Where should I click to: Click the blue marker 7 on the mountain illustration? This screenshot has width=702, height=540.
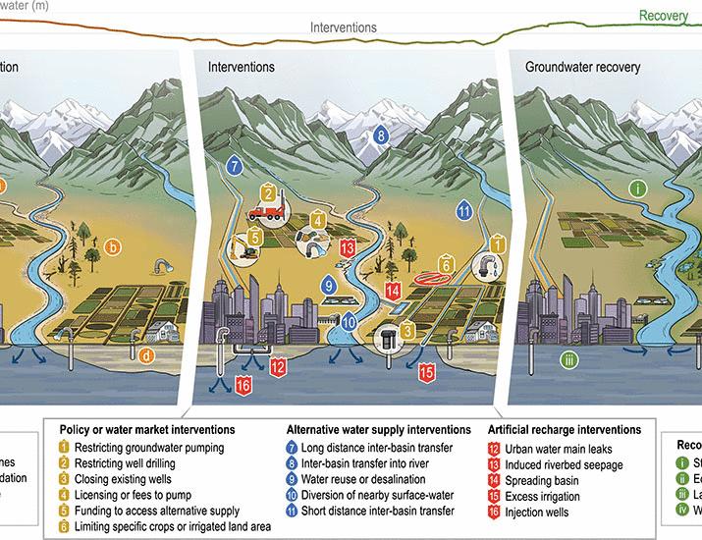(x=234, y=166)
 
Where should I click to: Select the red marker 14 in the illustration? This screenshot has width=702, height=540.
(x=393, y=291)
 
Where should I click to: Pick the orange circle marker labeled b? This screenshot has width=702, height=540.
(x=114, y=247)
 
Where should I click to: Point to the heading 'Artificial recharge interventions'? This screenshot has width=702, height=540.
(x=565, y=430)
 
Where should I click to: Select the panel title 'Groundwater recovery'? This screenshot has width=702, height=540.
(x=582, y=68)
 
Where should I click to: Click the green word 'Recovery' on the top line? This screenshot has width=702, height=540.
(x=663, y=16)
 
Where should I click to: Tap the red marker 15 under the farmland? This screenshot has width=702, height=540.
(x=427, y=372)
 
